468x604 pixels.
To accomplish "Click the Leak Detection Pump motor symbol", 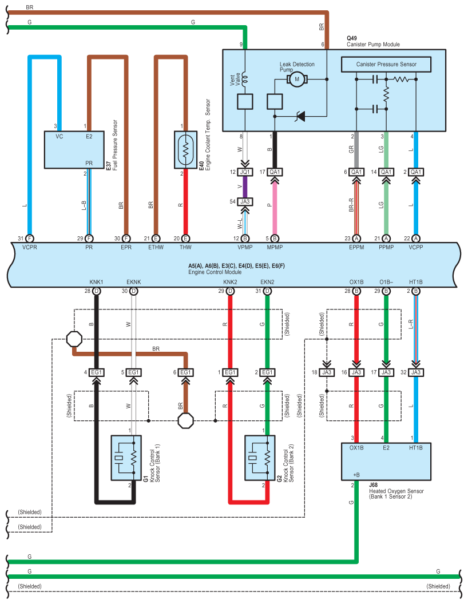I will [x=297, y=80].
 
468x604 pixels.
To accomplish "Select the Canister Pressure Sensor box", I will [x=386, y=64].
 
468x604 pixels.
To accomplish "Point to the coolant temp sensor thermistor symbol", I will [x=185, y=150].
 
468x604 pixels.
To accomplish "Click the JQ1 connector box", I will [x=245, y=172].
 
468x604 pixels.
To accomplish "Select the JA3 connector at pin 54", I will [x=245, y=201].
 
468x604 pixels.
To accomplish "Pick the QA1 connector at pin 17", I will [x=275, y=172].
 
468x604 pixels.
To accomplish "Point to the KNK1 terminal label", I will [x=96, y=282].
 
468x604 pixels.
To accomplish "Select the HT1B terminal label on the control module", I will [x=416, y=282].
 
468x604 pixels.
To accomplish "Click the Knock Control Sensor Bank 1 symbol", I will [x=126, y=458].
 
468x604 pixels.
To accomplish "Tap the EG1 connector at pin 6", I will [x=185, y=372].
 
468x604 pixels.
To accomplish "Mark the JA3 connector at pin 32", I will [x=416, y=372].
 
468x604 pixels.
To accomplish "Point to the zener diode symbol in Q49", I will [x=299, y=116].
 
